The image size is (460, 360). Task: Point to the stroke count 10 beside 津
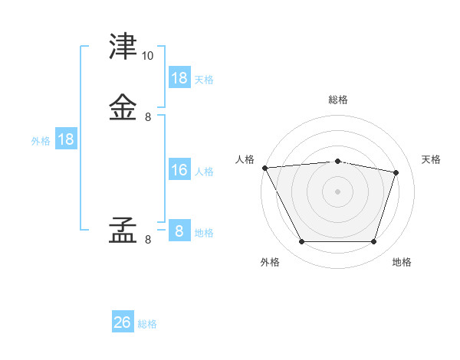pos(148,56)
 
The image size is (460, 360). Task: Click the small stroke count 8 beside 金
pos(148,117)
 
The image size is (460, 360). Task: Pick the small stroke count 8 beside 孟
pos(148,240)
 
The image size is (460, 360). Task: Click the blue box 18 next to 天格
pos(179,78)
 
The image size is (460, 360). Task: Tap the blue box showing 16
pos(179,171)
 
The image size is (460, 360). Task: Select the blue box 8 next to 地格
pos(179,231)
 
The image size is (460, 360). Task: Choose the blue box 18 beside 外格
pos(66,139)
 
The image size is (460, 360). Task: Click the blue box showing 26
pos(123,322)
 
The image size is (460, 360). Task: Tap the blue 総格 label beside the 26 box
pos(147,324)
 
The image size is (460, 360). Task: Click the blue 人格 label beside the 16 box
pos(204,172)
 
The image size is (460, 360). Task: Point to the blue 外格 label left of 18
pos(41,140)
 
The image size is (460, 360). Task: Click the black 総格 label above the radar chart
pos(338,100)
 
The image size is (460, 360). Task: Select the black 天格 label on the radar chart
pos(432,159)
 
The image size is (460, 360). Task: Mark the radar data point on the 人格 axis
pos(264,168)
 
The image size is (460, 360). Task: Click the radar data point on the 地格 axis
pos(373,242)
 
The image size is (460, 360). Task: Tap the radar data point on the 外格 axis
pos(301,242)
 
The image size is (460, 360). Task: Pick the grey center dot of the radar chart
pos(337,191)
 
